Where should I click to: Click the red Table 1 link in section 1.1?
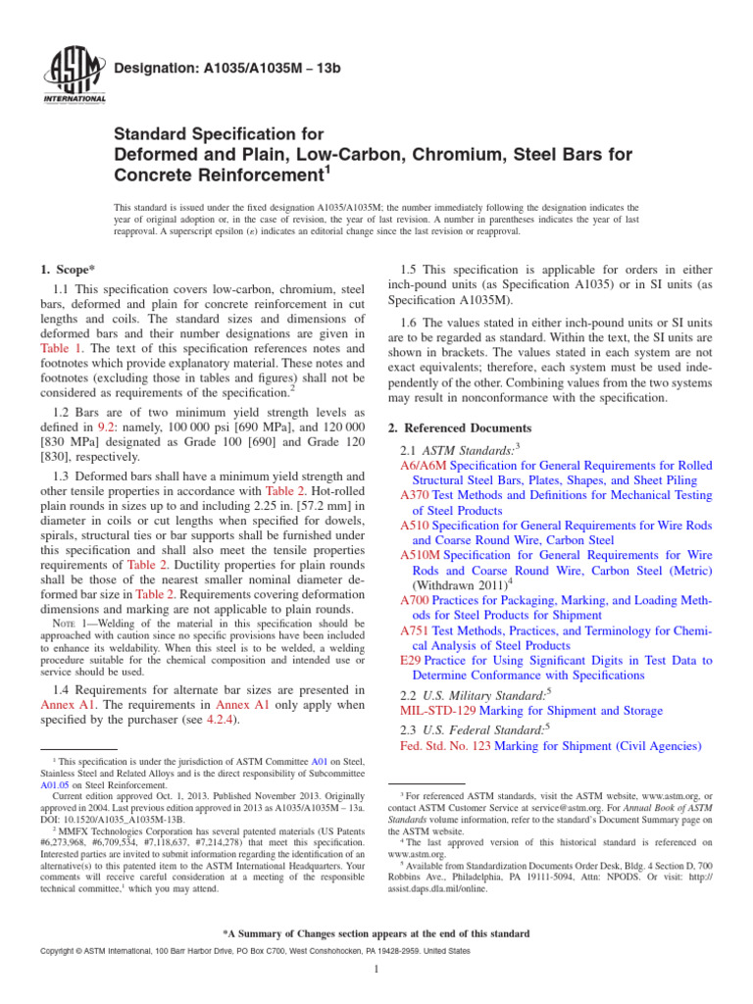click(x=62, y=347)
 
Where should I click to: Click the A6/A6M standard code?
click(x=423, y=466)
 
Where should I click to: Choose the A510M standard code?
click(x=421, y=555)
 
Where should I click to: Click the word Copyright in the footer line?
click(x=58, y=951)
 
